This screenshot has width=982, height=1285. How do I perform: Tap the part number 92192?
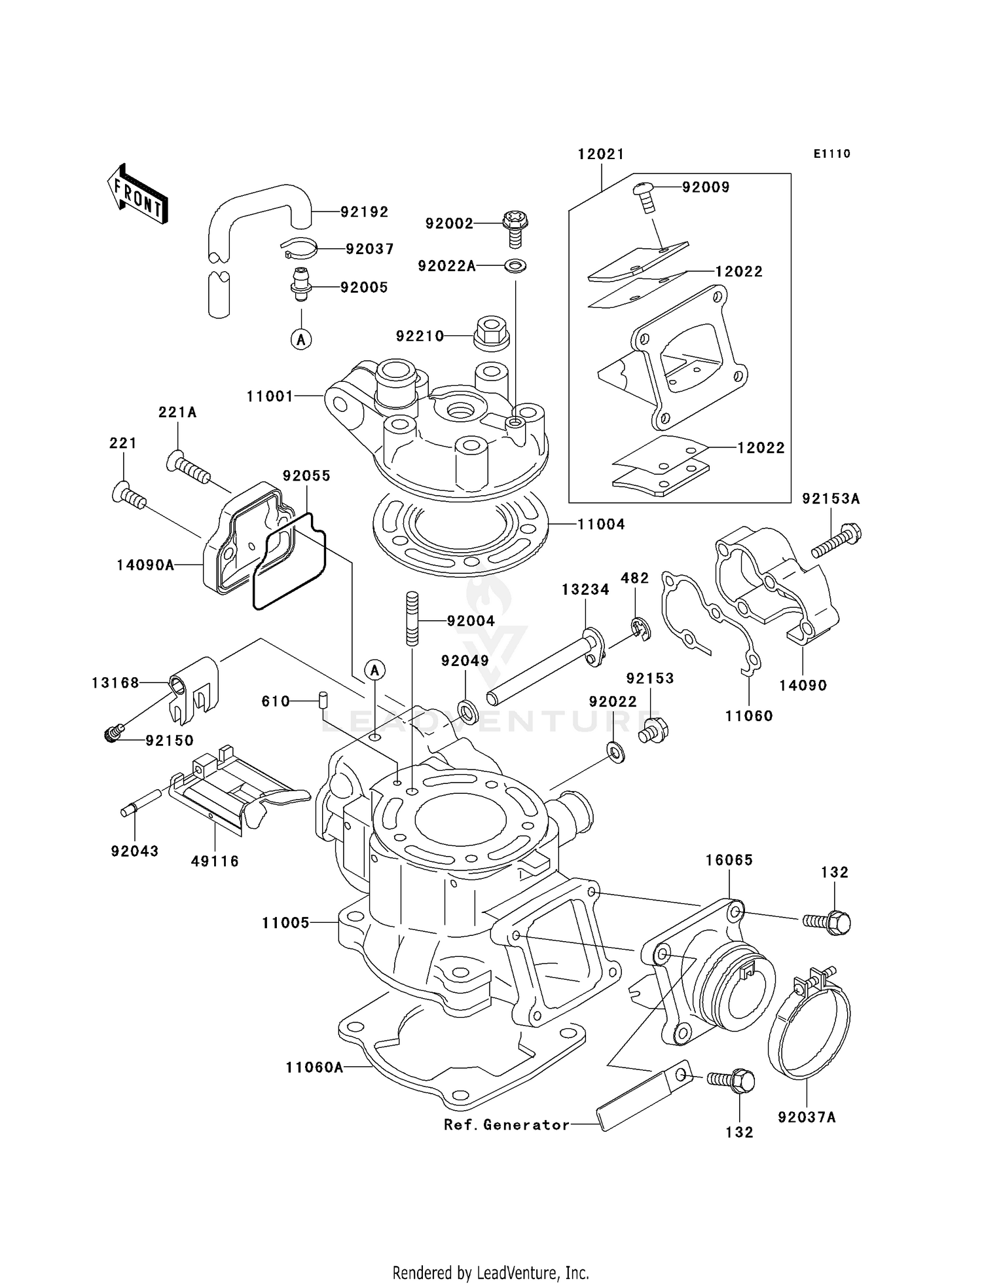[364, 212]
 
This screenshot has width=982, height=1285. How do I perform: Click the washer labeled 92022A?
[516, 266]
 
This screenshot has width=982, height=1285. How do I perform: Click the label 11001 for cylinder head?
[270, 396]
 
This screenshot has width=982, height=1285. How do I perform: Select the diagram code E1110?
[831, 154]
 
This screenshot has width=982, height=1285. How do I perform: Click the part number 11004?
[601, 524]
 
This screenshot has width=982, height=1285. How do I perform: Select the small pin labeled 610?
[322, 699]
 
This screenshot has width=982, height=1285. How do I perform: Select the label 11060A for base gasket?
[314, 1068]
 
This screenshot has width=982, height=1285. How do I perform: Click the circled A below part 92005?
[301, 339]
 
